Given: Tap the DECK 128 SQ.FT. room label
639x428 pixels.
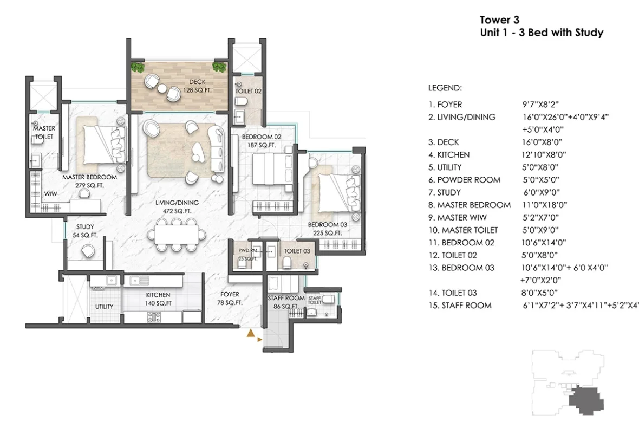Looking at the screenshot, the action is (x=197, y=86).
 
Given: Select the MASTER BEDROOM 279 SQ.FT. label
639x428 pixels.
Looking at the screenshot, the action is (x=89, y=181).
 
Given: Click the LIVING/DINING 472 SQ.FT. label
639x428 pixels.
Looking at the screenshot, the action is (x=177, y=206).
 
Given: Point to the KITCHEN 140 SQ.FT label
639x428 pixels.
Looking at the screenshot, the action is (x=158, y=299).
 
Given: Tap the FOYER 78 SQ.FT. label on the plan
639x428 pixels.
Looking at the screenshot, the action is (x=230, y=299).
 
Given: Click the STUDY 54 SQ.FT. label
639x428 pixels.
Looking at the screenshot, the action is (x=85, y=231).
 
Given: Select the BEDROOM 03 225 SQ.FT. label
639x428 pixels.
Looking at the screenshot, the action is (x=327, y=229).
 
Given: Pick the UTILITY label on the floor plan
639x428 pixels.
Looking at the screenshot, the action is (x=105, y=307).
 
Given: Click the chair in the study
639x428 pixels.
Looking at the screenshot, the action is (x=87, y=251).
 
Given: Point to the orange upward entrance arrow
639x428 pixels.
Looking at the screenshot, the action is (x=251, y=334).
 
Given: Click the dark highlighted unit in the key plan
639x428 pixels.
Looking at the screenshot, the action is (x=585, y=401).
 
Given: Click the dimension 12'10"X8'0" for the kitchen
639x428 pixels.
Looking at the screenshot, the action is (x=544, y=155).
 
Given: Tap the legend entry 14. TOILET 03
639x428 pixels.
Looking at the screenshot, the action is (x=452, y=293).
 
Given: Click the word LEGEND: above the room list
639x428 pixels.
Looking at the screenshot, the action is (x=445, y=88).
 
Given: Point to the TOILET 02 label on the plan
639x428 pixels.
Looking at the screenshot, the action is (x=248, y=91).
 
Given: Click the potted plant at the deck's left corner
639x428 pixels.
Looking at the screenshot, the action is (x=138, y=67).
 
